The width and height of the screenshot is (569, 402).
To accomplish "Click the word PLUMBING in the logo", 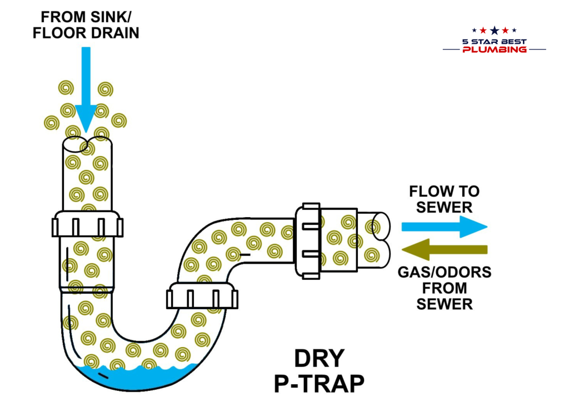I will point(494,49).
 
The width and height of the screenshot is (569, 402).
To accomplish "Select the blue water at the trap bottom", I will point(133,375).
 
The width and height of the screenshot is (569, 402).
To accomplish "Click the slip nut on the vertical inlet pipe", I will point(88,225).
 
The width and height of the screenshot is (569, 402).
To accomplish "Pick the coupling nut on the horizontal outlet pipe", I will point(308,240).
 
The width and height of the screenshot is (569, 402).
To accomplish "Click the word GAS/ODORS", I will point(444,272).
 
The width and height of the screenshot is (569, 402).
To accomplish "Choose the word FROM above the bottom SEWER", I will point(444,288).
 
